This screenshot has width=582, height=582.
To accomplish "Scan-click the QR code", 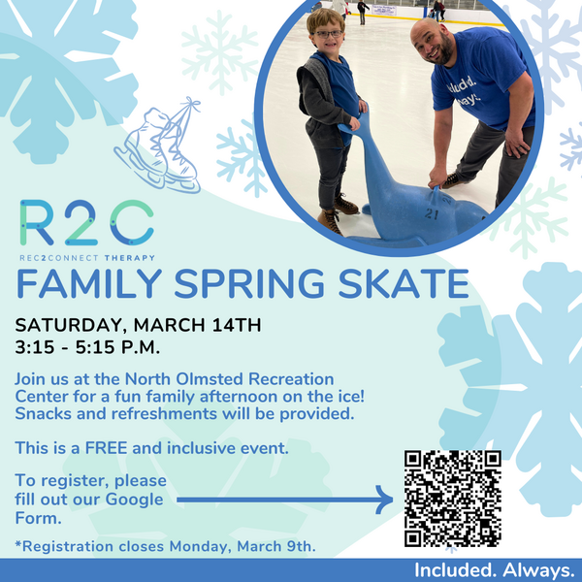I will [x=452, y=498].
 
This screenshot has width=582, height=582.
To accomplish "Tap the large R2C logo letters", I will [x=85, y=224].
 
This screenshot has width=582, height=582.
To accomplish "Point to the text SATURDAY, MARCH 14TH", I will [x=137, y=324].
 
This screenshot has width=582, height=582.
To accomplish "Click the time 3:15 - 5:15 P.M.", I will [x=86, y=345].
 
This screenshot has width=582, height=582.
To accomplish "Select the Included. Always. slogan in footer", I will [x=495, y=570].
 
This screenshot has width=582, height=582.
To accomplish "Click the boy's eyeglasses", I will [x=328, y=34].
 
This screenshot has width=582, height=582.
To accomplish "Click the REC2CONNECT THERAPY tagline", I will [x=86, y=257].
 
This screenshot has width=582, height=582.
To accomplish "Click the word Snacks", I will [x=42, y=414].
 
